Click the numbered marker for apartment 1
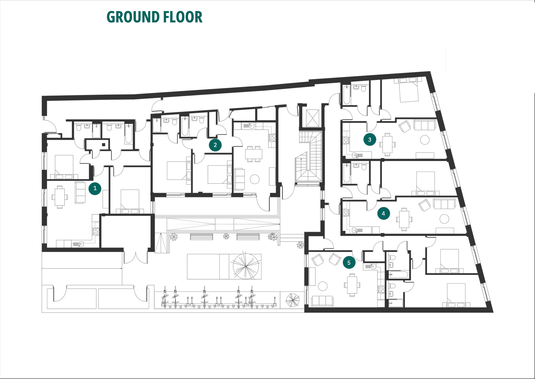coord(95,188)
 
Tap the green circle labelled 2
coord(215,145)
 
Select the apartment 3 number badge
coord(370,140)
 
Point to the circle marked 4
coord(383,213)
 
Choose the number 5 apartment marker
coord(349,263)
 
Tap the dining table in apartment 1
coord(60,197)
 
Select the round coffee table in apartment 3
coord(425,140)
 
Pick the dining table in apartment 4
coord(404,219)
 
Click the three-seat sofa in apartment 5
coord(322,301)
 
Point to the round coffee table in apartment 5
coord(323,286)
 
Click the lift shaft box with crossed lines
coord(312,118)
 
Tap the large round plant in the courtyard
coord(245,266)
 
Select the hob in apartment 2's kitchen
coord(272,138)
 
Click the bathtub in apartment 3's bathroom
coord(346,95)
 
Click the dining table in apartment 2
coord(254,154)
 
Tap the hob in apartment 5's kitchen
coord(381,289)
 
